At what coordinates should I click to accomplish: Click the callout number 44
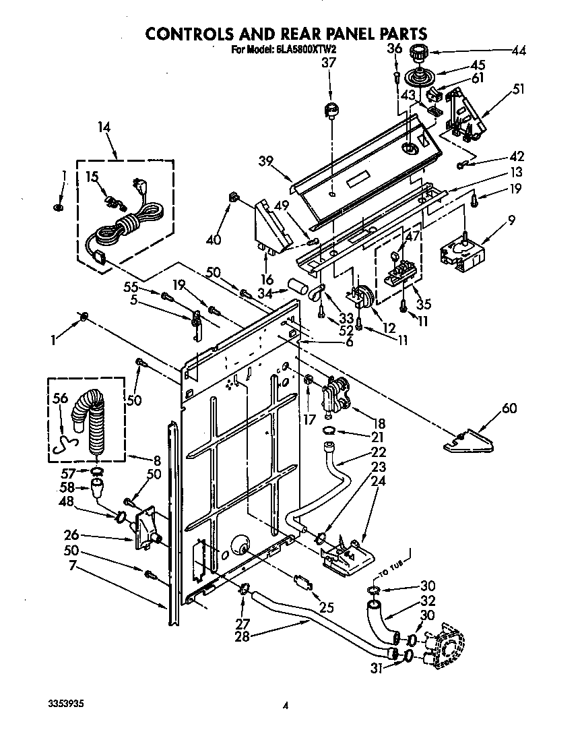click(519, 50)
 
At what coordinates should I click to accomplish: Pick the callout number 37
click(328, 63)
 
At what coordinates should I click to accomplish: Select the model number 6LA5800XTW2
click(302, 49)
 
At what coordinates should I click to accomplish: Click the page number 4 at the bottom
click(286, 706)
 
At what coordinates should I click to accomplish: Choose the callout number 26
click(71, 535)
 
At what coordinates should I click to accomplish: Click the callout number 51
click(519, 88)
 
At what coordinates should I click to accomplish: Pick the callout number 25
click(326, 607)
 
